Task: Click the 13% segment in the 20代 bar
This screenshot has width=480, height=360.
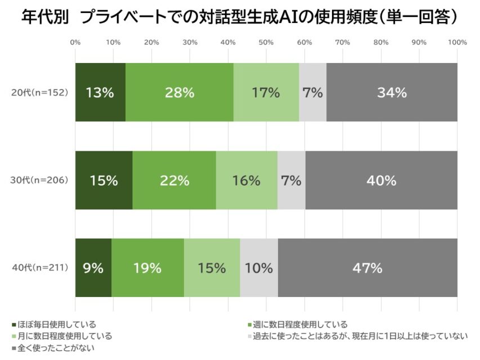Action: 100,93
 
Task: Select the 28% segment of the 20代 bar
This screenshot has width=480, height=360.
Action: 179,93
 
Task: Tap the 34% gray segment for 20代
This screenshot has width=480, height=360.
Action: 392,93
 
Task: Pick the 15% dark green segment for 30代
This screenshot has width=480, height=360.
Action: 104,181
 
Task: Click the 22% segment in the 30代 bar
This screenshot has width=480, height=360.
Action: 174,181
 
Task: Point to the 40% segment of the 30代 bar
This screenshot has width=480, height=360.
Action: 381,181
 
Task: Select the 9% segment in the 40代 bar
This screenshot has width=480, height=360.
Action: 93,268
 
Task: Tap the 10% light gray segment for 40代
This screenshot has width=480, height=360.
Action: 259,268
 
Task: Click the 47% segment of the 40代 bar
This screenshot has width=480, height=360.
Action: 367,268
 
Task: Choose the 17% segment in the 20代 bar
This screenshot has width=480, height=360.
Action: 266,93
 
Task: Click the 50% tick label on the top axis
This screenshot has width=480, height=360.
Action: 266,42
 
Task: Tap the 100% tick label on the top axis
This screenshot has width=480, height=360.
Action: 457,42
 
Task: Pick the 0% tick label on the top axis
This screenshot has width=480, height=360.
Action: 75,42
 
